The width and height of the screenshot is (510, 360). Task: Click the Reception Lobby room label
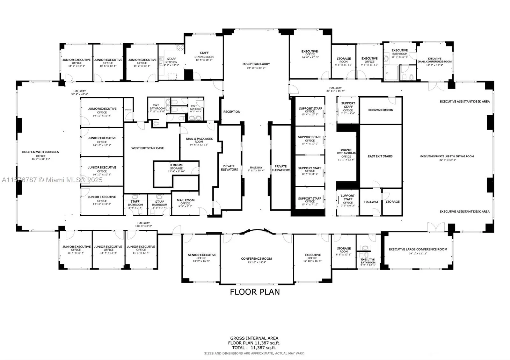click(256, 64)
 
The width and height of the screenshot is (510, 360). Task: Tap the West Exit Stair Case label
click(148, 148)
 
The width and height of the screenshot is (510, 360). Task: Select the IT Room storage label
click(176, 167)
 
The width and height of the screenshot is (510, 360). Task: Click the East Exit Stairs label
click(380, 156)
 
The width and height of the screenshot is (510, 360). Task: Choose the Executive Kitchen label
click(381, 110)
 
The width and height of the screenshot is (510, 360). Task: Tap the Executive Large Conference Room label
click(418, 249)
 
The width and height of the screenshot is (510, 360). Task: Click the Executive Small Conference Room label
click(434, 60)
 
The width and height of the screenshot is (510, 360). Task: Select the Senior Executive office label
click(202, 256)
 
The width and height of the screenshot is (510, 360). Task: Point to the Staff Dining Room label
click(204, 55)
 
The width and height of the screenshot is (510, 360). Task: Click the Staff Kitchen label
click(171, 61)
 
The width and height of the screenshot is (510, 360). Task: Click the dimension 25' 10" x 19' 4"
click(256, 263)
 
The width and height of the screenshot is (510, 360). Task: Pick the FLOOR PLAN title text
click(255, 292)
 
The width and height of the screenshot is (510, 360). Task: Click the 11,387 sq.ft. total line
click(254, 348)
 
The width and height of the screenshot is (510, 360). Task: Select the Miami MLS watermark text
click(52, 180)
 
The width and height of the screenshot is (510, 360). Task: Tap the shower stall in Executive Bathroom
click(391, 73)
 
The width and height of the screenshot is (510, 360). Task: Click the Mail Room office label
click(186, 202)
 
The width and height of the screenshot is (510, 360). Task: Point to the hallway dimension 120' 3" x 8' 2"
click(143, 226)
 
